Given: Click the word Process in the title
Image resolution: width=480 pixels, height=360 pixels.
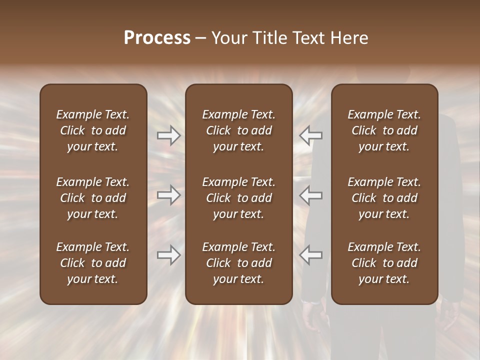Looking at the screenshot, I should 157,38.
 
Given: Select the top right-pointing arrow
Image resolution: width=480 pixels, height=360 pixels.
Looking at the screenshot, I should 169,135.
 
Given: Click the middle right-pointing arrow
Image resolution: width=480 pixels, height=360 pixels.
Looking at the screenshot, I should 169,195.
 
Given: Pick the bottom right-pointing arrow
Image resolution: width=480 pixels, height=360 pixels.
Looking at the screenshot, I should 169,255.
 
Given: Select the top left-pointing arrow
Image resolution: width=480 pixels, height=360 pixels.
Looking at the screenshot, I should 310,135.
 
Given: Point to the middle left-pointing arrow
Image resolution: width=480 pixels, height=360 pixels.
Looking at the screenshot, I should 310,195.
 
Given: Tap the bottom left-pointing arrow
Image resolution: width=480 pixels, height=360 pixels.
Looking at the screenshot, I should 310,255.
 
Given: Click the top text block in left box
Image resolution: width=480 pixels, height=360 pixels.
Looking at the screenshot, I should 93,130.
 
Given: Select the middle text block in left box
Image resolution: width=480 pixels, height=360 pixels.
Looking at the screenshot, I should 93,198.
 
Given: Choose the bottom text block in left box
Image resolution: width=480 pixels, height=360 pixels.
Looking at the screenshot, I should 93,263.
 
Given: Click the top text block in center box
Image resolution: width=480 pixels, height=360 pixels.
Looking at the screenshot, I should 239,130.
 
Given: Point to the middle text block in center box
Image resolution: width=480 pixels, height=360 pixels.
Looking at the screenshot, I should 239,198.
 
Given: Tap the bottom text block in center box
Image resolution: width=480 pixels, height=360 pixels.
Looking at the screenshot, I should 239,263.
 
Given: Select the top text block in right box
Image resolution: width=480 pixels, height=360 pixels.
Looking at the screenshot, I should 384,130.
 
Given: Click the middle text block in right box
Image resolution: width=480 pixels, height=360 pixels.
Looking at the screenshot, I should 384,198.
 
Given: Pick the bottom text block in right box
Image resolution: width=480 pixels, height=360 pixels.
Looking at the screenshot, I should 384,263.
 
